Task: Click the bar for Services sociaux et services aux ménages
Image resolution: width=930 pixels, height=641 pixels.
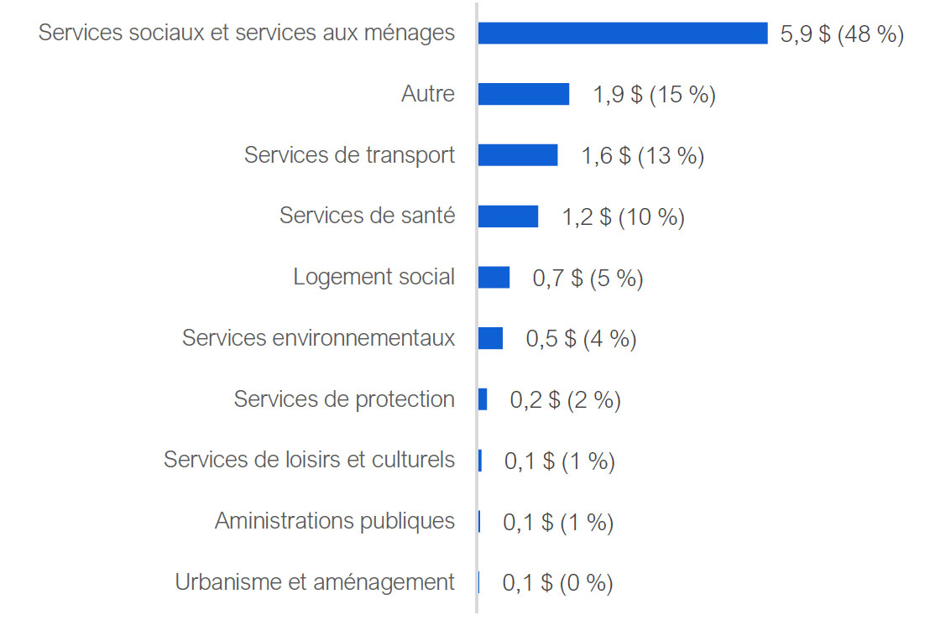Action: pyautogui.click(x=622, y=33)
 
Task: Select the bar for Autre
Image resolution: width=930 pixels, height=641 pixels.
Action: pyautogui.click(x=523, y=94)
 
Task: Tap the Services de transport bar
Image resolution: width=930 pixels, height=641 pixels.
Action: pyautogui.click(x=517, y=155)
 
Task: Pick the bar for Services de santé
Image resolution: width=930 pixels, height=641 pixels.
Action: pyautogui.click(x=508, y=216)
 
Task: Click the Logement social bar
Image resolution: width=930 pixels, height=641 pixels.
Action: pyautogui.click(x=494, y=278)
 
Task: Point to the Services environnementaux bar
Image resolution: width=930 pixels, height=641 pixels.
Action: pyautogui.click(x=490, y=338)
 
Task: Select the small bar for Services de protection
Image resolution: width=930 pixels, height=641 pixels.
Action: pyautogui.click(x=483, y=399)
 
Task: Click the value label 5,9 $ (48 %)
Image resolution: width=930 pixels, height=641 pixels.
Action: pyautogui.click(x=842, y=34)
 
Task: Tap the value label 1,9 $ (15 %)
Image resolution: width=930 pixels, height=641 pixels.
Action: pyautogui.click(x=654, y=95)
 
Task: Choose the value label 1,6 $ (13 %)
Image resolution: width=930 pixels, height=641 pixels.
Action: pyautogui.click(x=642, y=156)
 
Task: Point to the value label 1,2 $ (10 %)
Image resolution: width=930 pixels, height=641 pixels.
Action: pyautogui.click(x=623, y=217)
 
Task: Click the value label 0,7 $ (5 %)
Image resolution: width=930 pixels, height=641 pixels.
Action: pyautogui.click(x=588, y=279)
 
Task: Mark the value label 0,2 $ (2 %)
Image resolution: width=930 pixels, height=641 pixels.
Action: pyautogui.click(x=565, y=400)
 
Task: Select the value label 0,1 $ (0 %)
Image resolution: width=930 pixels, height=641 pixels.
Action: pyautogui.click(x=557, y=582)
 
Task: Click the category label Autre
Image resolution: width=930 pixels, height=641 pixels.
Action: pyautogui.click(x=428, y=94)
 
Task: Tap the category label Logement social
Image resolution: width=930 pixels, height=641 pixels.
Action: pyautogui.click(x=374, y=277)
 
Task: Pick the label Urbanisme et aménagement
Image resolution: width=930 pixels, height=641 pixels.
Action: pyautogui.click(x=315, y=581)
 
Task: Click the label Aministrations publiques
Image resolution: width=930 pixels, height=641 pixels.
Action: pyautogui.click(x=334, y=521)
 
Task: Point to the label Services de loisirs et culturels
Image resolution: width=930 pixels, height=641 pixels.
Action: pyautogui.click(x=309, y=460)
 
